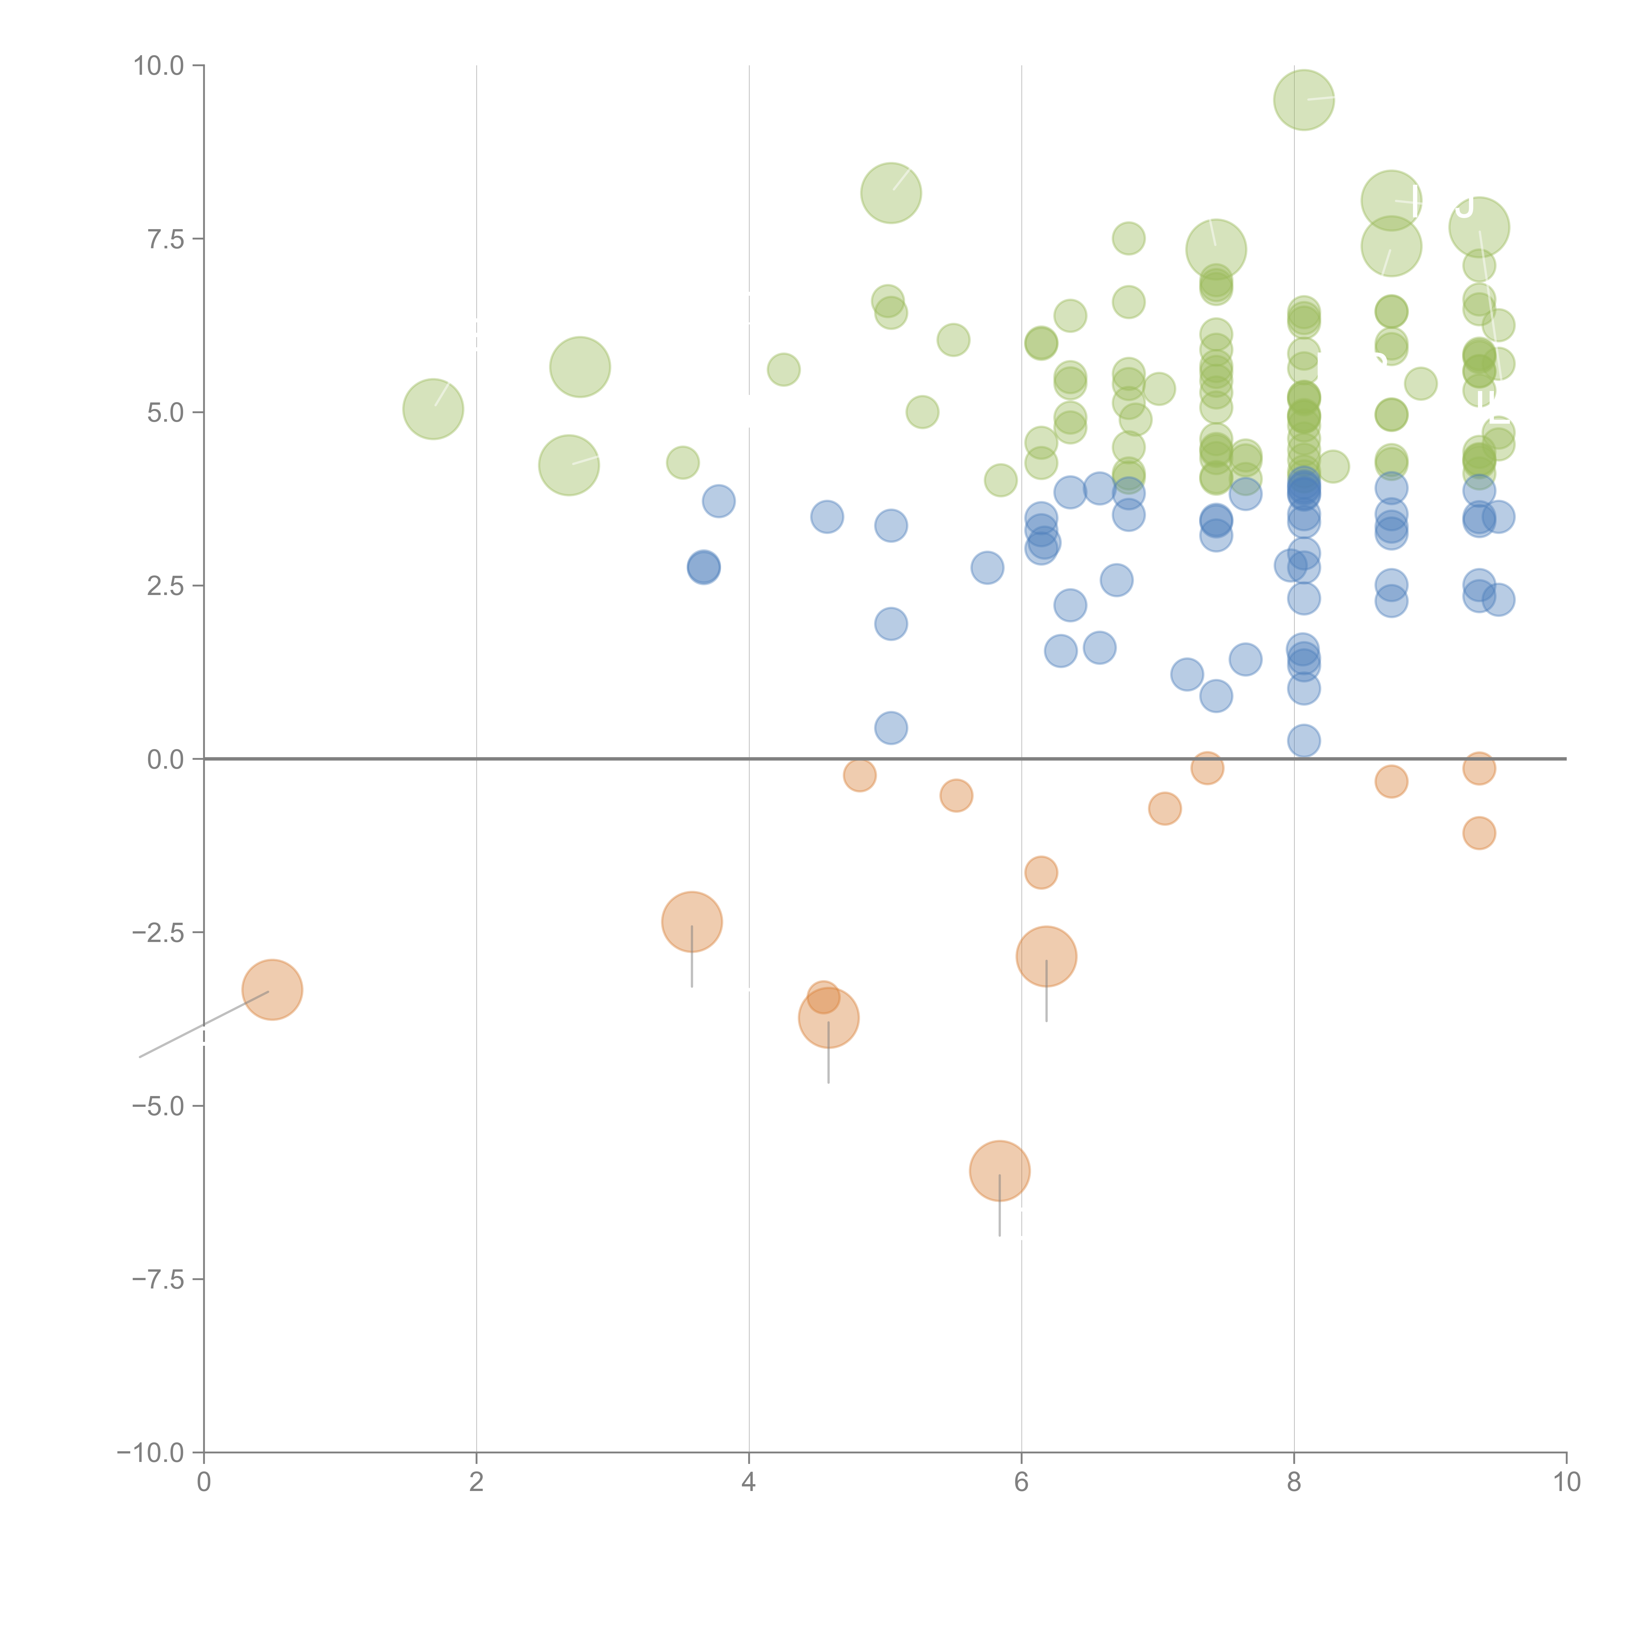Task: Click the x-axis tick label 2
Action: tap(477, 1483)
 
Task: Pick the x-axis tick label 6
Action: tap(1021, 1483)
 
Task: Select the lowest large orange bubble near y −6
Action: tap(999, 1171)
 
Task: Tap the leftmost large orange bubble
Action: tap(272, 990)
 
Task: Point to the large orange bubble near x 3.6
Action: tap(692, 921)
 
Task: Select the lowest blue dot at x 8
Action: tap(1303, 741)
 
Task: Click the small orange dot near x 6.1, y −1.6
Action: tap(1041, 872)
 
